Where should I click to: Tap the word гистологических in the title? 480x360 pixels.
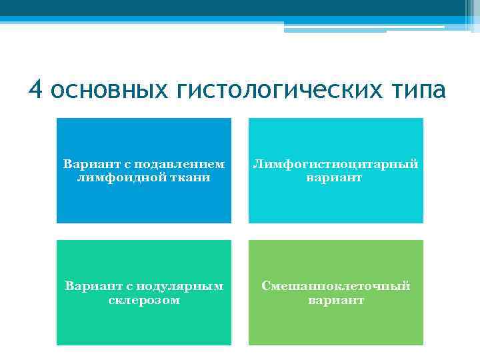point(279,90)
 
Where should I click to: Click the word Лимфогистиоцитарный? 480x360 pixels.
point(335,164)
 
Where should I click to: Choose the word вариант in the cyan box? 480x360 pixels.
point(335,177)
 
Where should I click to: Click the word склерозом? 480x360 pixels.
point(144,300)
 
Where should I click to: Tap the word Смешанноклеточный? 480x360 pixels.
point(335,286)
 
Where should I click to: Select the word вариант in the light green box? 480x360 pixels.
point(335,300)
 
